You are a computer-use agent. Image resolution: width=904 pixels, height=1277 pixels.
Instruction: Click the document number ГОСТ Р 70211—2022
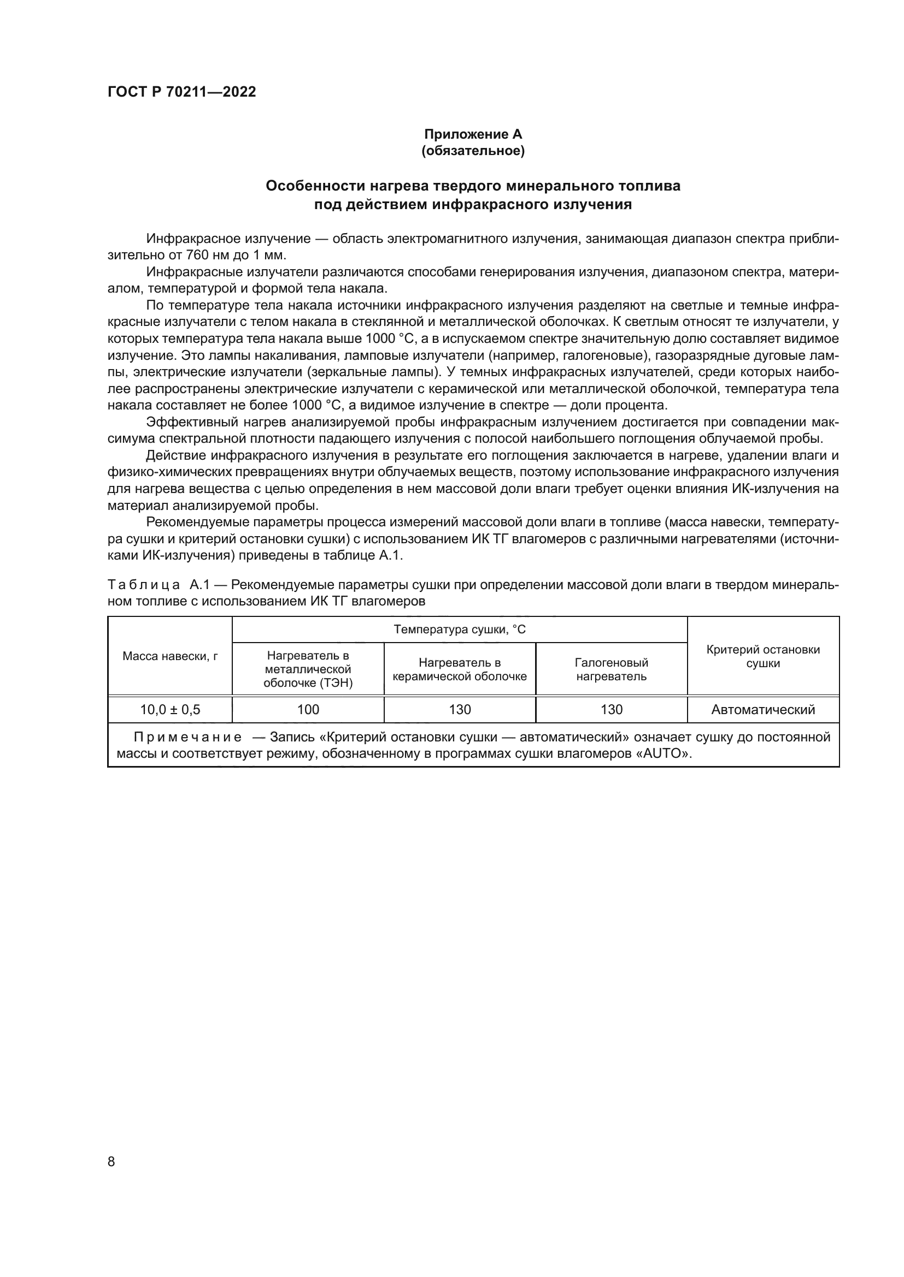[181, 92]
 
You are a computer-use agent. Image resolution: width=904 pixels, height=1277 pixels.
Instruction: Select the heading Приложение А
[473, 134]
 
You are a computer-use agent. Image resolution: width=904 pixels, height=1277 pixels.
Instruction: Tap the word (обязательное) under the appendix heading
[473, 151]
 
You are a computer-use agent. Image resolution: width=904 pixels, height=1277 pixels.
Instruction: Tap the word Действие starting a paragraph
[171, 455]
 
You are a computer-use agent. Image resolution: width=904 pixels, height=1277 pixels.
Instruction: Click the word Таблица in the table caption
[143, 585]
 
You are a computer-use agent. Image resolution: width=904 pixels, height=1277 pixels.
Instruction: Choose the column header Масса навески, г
[170, 656]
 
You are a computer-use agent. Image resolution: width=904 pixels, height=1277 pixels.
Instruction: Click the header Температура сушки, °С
[459, 629]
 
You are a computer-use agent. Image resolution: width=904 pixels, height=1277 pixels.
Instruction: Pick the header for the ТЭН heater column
[308, 669]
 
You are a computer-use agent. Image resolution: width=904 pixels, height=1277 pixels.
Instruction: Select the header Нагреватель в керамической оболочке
[459, 669]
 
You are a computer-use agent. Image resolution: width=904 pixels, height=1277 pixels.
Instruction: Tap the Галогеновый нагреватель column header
[611, 669]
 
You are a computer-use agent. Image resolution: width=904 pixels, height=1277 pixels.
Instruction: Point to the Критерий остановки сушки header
[762, 656]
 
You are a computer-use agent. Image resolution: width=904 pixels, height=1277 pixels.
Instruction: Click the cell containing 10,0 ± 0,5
[170, 710]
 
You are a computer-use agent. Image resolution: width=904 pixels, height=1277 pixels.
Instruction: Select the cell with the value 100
[308, 710]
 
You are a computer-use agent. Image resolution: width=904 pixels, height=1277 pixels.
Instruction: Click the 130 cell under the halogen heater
[611, 710]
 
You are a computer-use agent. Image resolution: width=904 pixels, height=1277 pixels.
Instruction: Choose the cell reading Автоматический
[762, 710]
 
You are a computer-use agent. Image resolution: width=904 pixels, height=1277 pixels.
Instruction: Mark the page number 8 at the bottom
[111, 1161]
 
